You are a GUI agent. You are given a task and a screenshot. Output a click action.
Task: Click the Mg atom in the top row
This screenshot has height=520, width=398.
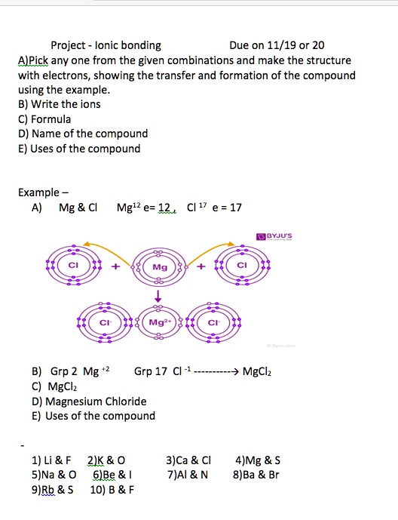pos(159,267)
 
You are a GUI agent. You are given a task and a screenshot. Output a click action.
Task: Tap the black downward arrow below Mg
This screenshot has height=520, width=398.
pos(159,296)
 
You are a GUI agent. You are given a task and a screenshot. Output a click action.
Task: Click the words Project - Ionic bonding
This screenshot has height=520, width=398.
pos(106,45)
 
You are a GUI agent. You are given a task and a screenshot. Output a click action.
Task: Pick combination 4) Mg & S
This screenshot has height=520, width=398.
pos(258,460)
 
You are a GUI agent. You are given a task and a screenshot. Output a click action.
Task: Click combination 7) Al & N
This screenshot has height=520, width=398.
pos(188,475)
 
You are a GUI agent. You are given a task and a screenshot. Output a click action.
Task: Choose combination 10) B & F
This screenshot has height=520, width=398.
pos(112,489)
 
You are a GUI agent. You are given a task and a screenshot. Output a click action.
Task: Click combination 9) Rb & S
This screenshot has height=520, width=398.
pos(53,489)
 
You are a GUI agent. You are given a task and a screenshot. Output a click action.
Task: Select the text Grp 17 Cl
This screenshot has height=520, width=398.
pos(158,372)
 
